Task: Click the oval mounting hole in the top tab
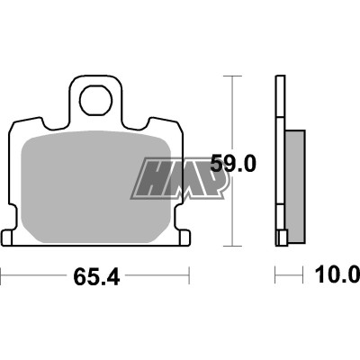[97, 102]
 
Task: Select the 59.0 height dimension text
[233, 164]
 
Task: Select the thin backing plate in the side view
[280, 162]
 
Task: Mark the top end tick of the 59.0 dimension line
[234, 77]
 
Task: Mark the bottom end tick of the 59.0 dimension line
[234, 246]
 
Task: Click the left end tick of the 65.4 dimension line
[3, 274]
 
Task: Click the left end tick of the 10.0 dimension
[275, 274]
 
